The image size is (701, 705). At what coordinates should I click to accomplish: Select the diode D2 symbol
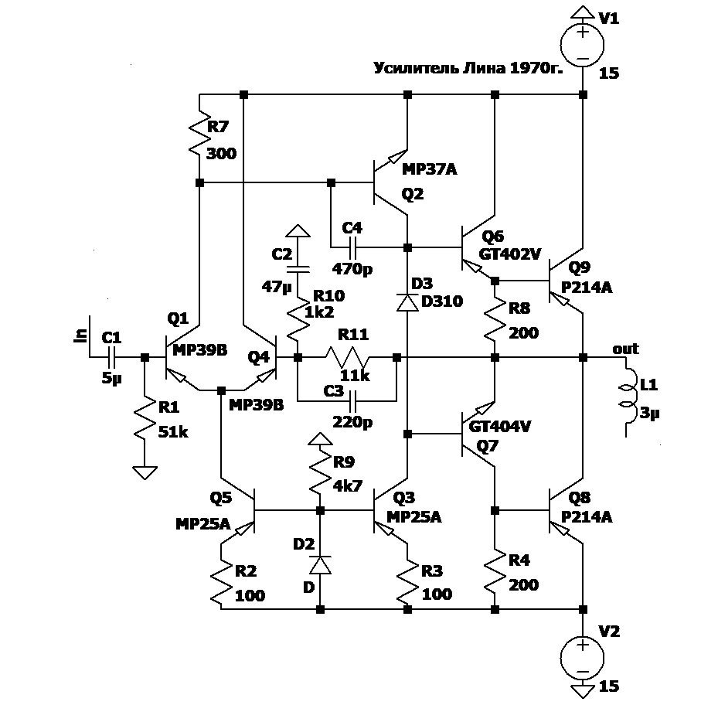coord(320,565)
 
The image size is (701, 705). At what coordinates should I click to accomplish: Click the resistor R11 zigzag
coord(348,357)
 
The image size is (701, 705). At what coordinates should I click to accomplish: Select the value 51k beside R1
coord(172,431)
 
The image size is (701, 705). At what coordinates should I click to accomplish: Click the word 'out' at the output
coord(624,348)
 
